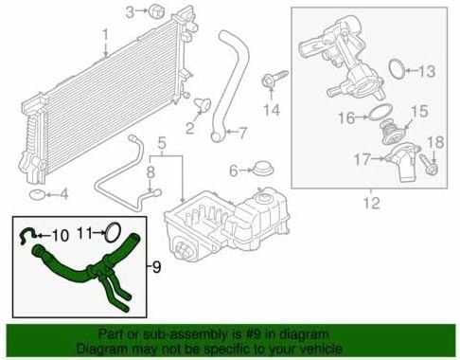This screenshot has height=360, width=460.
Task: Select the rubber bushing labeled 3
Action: pyautogui.click(x=156, y=12)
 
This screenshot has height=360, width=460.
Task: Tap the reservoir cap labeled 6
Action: pyautogui.click(x=256, y=171)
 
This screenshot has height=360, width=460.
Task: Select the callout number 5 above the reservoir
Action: pyautogui.click(x=162, y=145)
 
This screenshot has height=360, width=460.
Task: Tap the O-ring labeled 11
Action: pyautogui.click(x=111, y=230)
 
